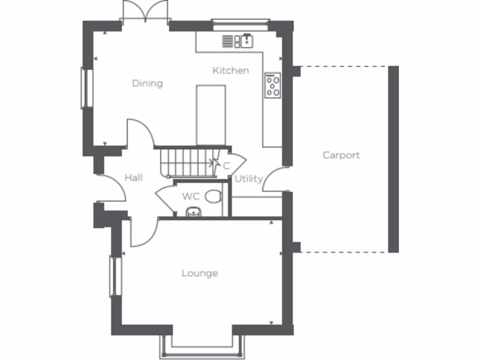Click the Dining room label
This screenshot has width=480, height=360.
tap(147, 83)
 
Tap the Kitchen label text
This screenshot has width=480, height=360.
tap(231, 71)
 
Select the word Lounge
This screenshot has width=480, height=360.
tap(200, 273)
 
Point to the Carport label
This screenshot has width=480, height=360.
tap(341, 155)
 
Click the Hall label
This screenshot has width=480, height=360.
tap(134, 178)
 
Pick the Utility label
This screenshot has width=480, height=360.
tap(248, 179)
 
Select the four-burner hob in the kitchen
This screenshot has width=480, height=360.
tap(273, 85)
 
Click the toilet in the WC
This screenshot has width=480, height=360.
tap(213, 196)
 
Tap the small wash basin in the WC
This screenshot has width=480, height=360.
tap(193, 212)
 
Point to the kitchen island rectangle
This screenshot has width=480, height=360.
tap(211, 115)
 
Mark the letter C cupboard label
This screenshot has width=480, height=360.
tap(226, 166)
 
